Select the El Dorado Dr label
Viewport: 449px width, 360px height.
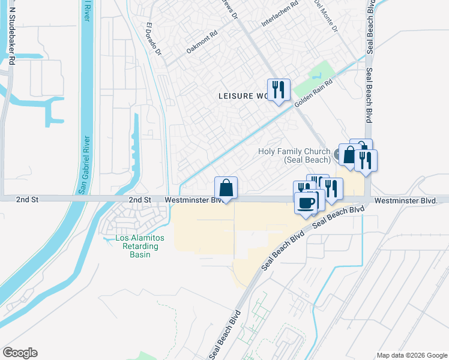[x=154, y=40]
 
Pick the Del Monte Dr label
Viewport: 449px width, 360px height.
[x=327, y=16]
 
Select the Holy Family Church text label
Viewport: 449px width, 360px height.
[x=294, y=155]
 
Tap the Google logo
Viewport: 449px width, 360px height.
[x=20, y=353]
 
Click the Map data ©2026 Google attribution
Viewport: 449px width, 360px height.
[x=411, y=355]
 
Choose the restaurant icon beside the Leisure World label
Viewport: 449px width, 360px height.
[x=279, y=90]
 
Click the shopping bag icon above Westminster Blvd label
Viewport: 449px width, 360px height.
[x=226, y=188]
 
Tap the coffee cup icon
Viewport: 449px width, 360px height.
[x=306, y=203]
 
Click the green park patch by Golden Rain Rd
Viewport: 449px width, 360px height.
[x=312, y=77]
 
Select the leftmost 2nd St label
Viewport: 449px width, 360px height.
[x=27, y=199]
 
